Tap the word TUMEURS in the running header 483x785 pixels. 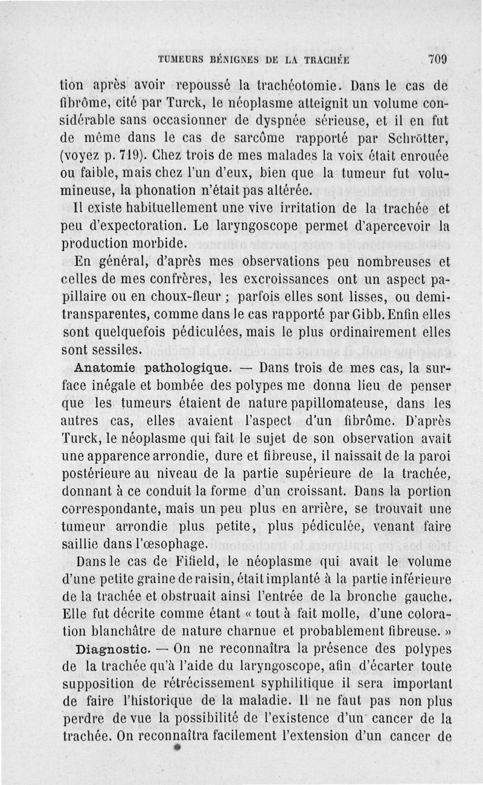click(181, 60)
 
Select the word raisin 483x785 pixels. click(219, 577)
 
